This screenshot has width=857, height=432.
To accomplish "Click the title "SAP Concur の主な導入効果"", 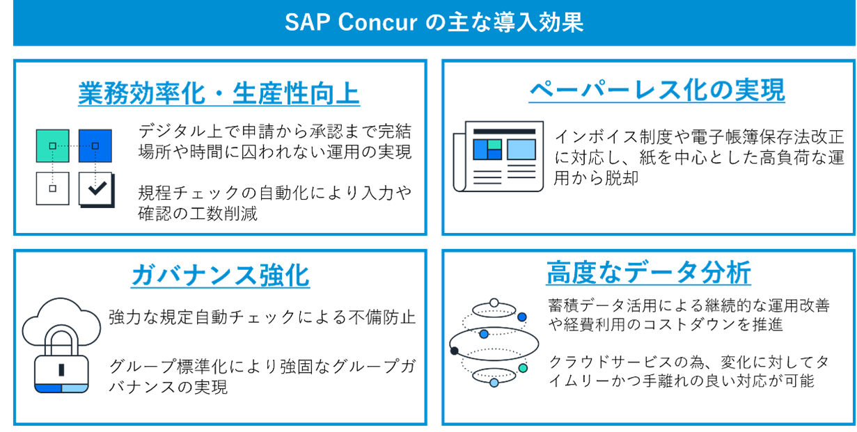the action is (x=434, y=22).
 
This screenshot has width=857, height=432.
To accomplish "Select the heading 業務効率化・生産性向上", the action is (x=219, y=94).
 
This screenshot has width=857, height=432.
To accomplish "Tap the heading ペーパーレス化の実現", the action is (x=656, y=90).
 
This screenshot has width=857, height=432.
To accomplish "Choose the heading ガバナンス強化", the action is (x=220, y=275).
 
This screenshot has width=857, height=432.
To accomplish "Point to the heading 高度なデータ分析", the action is (x=648, y=273).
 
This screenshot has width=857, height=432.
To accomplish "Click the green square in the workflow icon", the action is (x=52, y=146).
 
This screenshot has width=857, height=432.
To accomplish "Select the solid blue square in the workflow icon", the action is (x=95, y=146).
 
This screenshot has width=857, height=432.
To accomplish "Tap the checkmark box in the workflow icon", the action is (x=96, y=189).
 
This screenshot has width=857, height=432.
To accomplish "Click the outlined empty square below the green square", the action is (x=52, y=189).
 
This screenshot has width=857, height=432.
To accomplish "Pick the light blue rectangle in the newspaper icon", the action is (x=521, y=150).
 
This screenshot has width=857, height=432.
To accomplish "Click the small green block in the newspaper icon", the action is (x=494, y=144).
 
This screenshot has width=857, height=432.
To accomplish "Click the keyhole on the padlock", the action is (x=61, y=369).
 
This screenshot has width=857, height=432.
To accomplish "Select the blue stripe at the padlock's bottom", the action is (x=48, y=387).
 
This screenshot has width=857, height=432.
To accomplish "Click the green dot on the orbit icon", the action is (x=523, y=368).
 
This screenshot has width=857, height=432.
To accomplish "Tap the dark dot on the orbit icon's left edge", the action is (x=455, y=351).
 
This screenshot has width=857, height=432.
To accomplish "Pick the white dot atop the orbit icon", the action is (x=494, y=303).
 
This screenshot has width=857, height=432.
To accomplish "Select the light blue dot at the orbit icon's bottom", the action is (x=494, y=383).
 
